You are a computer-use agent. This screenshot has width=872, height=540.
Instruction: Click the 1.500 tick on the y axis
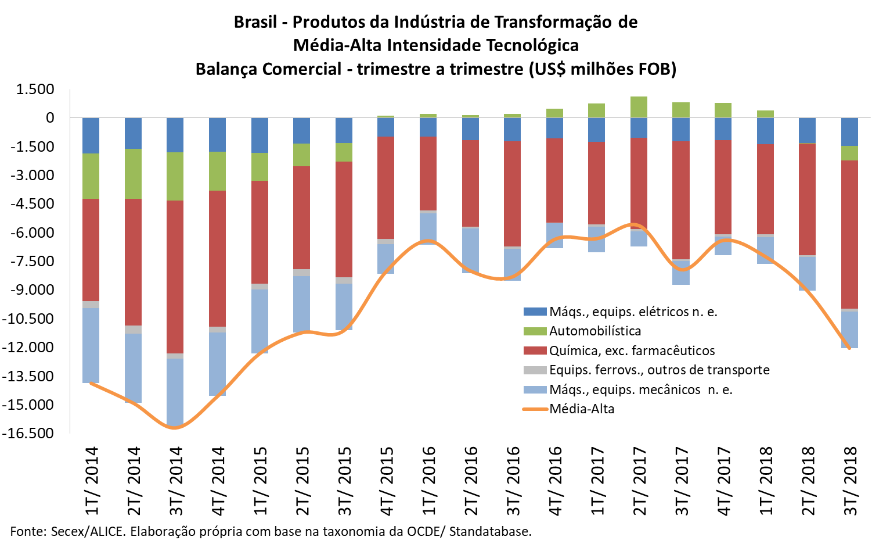35,90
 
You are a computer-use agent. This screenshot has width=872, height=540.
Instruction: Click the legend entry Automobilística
595,331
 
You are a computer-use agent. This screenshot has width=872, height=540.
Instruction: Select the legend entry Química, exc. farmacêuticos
632,351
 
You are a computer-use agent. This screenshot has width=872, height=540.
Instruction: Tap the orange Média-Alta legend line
535,409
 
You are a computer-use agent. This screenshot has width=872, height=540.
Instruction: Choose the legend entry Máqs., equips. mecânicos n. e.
640,389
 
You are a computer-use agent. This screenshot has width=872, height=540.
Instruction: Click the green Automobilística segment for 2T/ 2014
134,174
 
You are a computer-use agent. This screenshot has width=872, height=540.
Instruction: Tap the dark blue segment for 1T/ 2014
91,135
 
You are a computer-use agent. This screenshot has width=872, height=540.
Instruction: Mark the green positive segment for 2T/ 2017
639,107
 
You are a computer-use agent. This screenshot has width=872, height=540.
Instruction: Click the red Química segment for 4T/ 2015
386,188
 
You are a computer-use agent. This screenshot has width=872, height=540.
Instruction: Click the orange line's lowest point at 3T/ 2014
175,428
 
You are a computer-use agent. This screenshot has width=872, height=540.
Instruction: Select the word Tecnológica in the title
532,45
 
